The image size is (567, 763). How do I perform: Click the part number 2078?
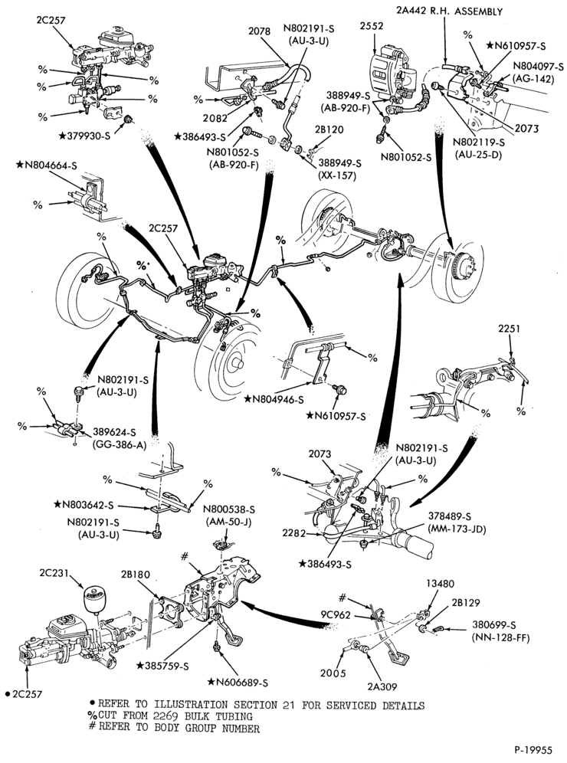tap(259, 32)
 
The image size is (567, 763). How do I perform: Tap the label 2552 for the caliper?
tap(372, 26)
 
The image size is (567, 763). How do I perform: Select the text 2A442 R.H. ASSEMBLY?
tap(449, 11)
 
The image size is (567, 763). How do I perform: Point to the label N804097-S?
tap(538, 67)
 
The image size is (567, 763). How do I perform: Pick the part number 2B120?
tap(329, 130)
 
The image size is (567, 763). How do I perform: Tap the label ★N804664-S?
tap(46, 165)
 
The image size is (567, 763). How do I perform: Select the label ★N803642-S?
tap(84, 505)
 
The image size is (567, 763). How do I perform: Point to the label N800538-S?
tap(229, 510)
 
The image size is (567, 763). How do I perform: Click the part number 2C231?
tap(54, 574)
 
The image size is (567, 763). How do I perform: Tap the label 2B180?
tap(136, 575)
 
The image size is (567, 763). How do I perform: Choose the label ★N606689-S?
tap(238, 683)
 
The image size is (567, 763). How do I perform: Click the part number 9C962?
tap(336, 614)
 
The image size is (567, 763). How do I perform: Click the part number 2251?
tap(509, 329)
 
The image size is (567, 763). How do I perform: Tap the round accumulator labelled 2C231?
tap(96, 598)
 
